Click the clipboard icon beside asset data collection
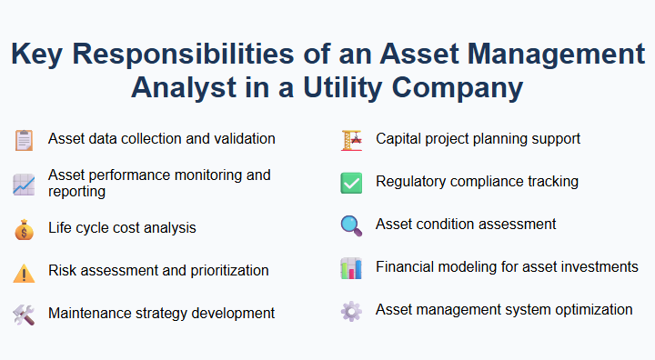[24, 140]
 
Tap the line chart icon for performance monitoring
[24, 185]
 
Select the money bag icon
[24, 229]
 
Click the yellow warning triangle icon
[24, 272]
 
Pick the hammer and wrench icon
[24, 315]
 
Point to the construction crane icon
[351, 140]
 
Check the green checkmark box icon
[351, 183]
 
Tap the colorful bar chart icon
[351, 268]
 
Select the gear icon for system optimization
[351, 311]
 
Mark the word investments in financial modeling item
[597, 267]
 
